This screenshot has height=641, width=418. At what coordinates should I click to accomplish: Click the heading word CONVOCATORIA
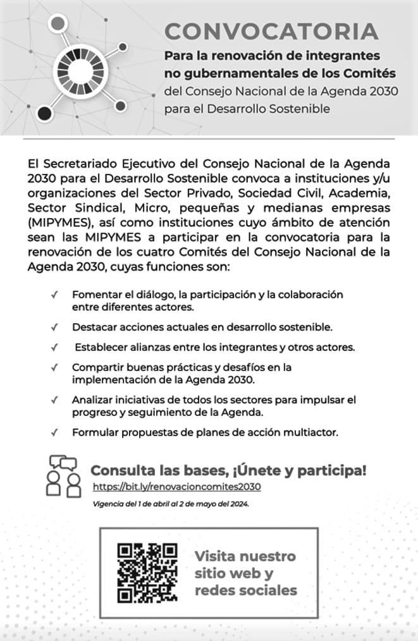click(271, 31)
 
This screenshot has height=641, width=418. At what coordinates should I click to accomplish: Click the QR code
click(147, 572)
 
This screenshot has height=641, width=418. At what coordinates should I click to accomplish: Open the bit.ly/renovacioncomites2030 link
click(176, 487)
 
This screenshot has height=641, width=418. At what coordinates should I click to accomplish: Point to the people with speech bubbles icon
click(64, 476)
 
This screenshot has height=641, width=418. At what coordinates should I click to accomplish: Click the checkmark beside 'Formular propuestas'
click(55, 433)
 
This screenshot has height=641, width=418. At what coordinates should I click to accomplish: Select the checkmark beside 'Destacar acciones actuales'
click(55, 327)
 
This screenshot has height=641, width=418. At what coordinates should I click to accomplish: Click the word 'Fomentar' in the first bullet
click(95, 295)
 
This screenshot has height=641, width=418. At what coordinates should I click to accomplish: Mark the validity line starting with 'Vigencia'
click(171, 504)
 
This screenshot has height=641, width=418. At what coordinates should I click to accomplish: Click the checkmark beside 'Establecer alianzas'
click(55, 348)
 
